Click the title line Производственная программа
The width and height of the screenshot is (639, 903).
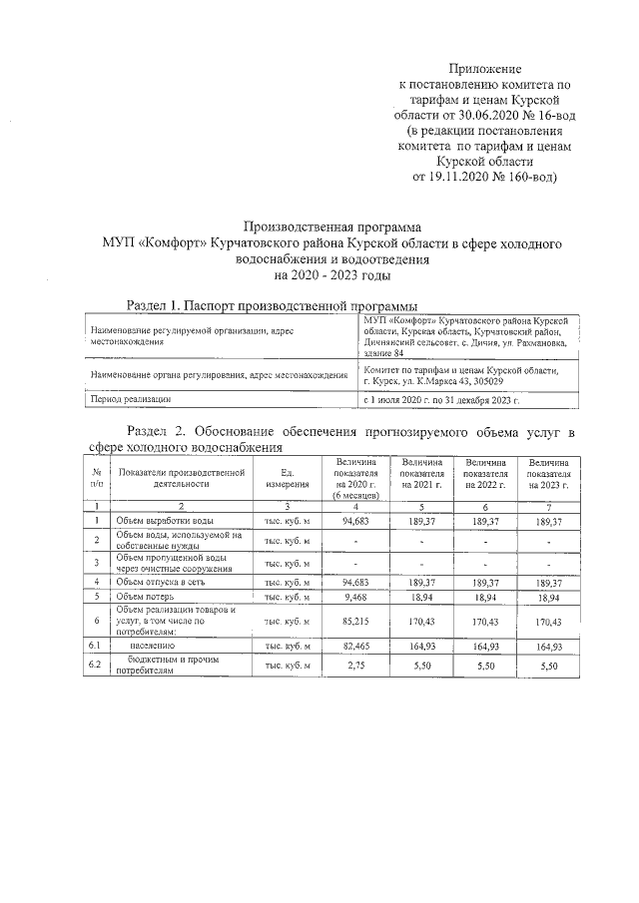click(332, 227)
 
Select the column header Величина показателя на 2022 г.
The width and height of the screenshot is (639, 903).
click(485, 474)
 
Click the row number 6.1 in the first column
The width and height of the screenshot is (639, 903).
click(96, 647)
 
